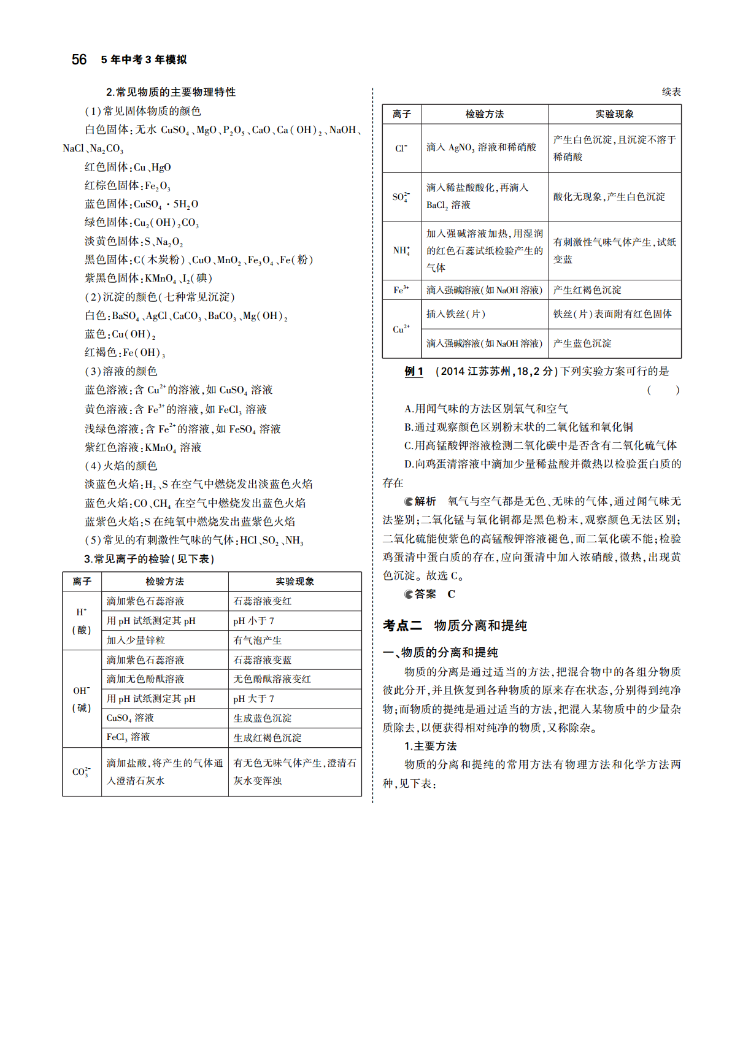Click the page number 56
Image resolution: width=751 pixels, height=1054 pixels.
(79, 60)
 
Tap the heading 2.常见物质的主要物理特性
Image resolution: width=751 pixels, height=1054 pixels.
(171, 92)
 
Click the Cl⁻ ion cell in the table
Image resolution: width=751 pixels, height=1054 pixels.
(401, 148)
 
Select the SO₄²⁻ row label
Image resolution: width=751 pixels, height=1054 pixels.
(401, 197)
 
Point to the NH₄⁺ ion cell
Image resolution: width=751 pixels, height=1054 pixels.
(401, 250)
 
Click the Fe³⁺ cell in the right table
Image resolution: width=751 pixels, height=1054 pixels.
(401, 290)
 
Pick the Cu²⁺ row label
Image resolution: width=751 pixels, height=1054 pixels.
(401, 329)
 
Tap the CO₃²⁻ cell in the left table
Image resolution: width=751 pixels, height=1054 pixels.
(82, 772)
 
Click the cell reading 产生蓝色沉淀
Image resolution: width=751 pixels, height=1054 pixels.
(582, 344)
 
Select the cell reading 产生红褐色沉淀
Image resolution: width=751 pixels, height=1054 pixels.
(587, 290)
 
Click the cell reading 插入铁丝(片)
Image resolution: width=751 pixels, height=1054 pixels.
(456, 314)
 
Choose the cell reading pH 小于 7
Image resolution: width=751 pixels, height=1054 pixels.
(253, 621)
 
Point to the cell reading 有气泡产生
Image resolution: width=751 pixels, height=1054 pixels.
(258, 640)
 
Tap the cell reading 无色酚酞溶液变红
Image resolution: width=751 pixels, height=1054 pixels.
(272, 679)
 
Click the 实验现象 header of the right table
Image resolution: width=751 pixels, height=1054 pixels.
(614, 114)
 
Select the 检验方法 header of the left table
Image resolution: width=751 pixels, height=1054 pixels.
(164, 582)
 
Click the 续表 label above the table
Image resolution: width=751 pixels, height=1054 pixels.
(671, 92)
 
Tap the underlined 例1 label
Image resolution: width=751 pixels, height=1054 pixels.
(414, 371)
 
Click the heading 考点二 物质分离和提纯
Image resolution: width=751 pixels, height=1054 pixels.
(455, 626)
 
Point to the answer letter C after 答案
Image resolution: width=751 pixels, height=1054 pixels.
(451, 594)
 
